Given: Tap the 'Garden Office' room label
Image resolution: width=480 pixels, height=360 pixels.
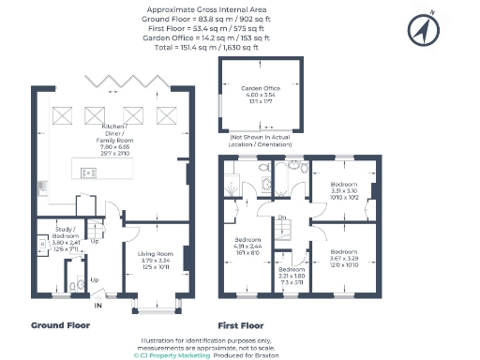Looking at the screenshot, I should tap(262, 92).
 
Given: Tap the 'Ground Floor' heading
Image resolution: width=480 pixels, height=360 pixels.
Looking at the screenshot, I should tap(59, 325).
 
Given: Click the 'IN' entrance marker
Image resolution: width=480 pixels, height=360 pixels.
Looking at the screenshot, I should tap(98, 305).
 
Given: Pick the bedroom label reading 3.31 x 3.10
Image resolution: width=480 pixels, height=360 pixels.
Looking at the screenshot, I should tap(344, 190).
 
